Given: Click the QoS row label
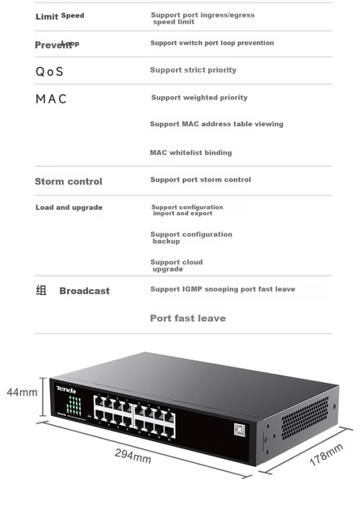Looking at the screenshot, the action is (x=49, y=71).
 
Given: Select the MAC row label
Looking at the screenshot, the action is (x=51, y=99).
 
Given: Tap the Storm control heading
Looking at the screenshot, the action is (x=69, y=181).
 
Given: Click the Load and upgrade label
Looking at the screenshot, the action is (x=69, y=208).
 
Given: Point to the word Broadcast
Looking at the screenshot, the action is (x=84, y=291).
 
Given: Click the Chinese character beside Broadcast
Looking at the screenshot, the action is (x=41, y=290).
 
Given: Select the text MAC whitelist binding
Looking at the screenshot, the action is (x=190, y=153).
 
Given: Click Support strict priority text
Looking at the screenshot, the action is (x=193, y=70).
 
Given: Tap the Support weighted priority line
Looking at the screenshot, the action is (x=199, y=98).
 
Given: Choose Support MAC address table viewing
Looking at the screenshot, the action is (x=216, y=124).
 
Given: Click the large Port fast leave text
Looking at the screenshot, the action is (x=188, y=318).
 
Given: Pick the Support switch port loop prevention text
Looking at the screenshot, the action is (x=212, y=43).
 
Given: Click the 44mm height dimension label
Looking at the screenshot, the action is (x=22, y=392).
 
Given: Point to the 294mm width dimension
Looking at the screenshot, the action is (x=133, y=456).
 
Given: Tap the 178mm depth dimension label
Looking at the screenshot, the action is (x=326, y=455).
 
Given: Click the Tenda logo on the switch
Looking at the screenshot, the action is (x=66, y=389).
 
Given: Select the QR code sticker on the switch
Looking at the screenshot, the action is (x=240, y=430).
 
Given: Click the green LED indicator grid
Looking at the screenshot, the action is (x=74, y=406).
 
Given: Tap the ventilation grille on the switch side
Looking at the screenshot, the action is (x=304, y=418).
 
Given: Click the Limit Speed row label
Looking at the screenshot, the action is (x=60, y=16).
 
